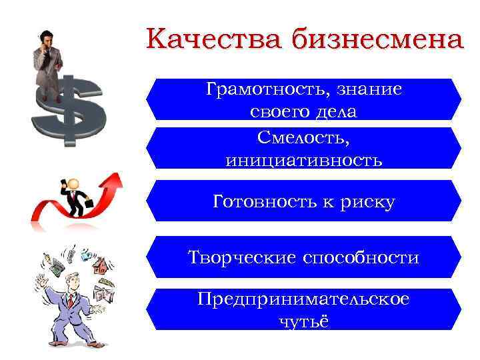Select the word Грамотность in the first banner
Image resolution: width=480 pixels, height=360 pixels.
tap(260, 89)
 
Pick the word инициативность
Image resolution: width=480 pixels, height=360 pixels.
tap(303, 160)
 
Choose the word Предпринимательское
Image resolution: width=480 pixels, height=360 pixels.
tap(303, 299)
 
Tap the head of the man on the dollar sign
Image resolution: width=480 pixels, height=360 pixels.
tap(45, 37)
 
